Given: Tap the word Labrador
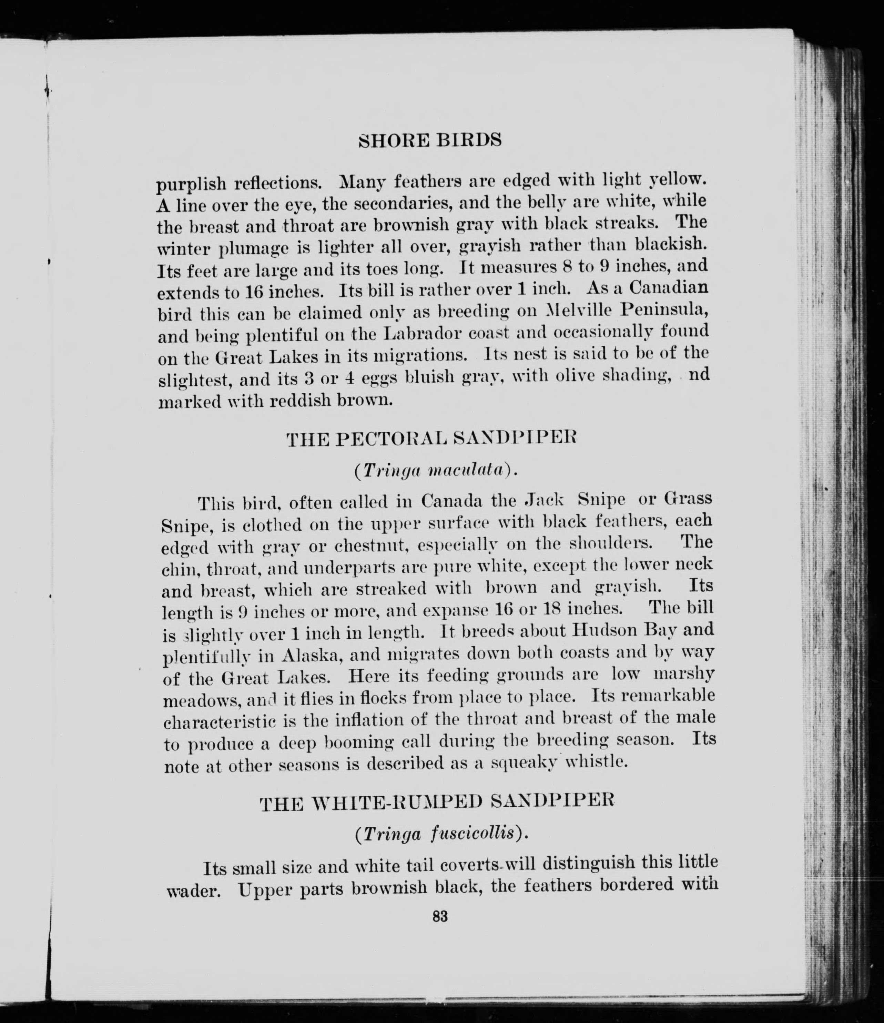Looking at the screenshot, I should click(x=421, y=333).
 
